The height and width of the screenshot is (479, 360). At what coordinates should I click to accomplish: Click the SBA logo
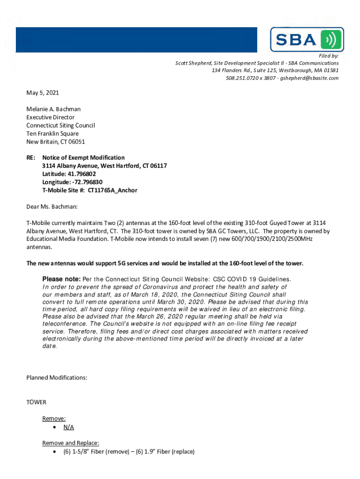click(x=307, y=39)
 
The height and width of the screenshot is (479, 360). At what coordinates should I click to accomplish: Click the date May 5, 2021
click(x=43, y=93)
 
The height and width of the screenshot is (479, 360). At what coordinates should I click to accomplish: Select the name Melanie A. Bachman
click(x=53, y=109)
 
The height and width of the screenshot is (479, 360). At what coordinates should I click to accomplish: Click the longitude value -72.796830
click(x=86, y=182)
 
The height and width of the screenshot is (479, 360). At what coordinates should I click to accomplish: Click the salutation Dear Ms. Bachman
click(x=52, y=206)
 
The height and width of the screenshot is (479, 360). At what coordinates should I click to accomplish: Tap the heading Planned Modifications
click(x=57, y=377)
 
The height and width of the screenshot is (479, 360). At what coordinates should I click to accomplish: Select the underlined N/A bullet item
click(x=69, y=427)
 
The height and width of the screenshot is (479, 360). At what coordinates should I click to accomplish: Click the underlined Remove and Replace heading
click(x=71, y=443)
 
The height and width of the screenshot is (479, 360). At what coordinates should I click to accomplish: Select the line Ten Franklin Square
click(x=52, y=133)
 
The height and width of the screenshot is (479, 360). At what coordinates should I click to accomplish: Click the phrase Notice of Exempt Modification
click(x=83, y=158)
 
